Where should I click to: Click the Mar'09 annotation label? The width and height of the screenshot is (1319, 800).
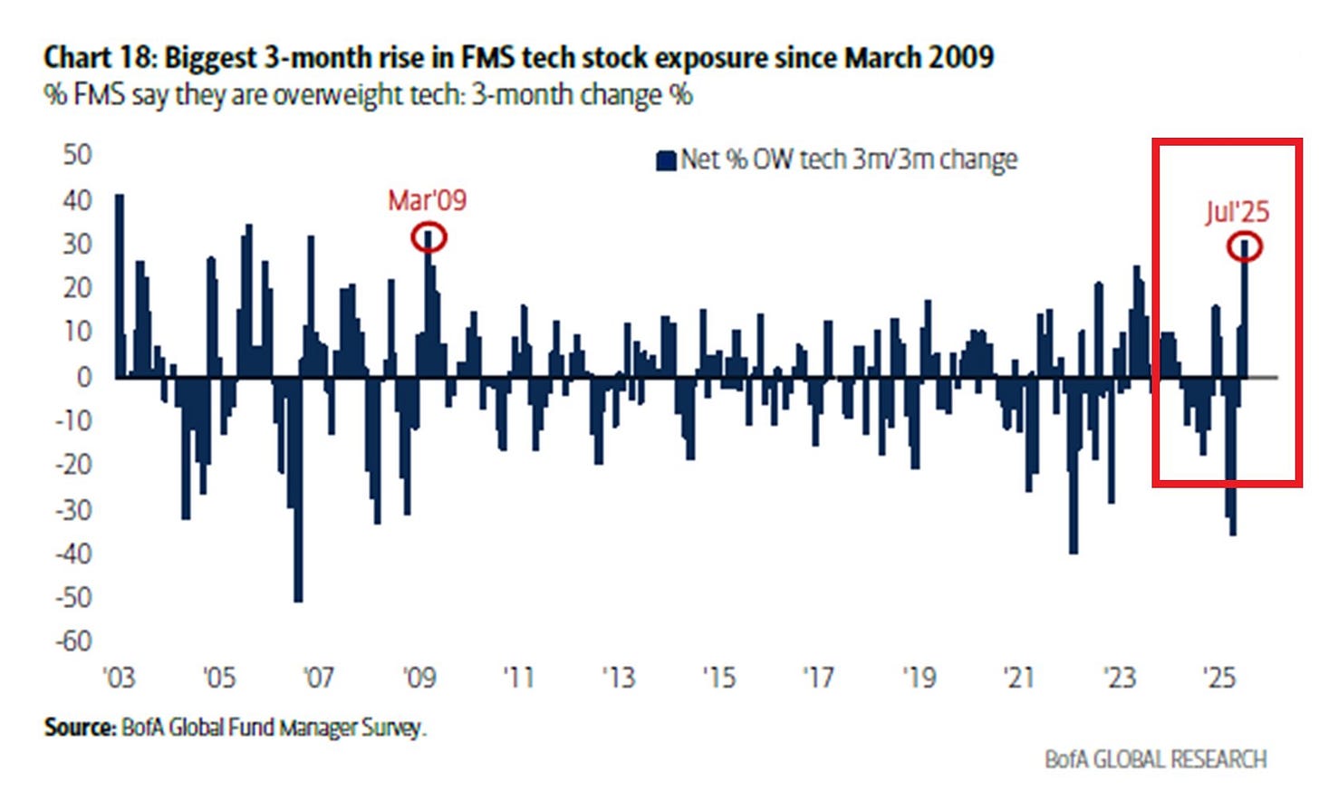(427, 200)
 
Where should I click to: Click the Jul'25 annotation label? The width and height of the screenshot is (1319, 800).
(1237, 212)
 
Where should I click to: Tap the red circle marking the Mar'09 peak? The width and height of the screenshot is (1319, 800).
(428, 237)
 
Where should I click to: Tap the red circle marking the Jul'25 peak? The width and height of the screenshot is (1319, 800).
(1245, 246)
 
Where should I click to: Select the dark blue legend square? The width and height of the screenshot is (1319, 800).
(666, 160)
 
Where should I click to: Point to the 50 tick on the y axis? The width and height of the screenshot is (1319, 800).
(78, 155)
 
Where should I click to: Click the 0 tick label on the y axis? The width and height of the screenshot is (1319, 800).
(83, 377)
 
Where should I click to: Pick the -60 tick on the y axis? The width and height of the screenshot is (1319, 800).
(73, 641)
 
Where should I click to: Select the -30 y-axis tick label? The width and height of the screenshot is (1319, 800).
(73, 509)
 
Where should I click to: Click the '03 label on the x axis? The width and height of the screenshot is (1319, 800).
(119, 678)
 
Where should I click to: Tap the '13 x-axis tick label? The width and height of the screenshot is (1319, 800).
(619, 678)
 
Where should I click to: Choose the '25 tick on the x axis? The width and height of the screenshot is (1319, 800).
(1218, 678)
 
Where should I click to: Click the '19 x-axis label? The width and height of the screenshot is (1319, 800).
(919, 678)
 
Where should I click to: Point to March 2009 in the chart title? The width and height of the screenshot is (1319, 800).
(919, 58)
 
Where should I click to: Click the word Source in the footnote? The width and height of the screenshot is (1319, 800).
(79, 728)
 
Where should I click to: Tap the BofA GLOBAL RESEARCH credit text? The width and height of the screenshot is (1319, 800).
(1155, 759)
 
